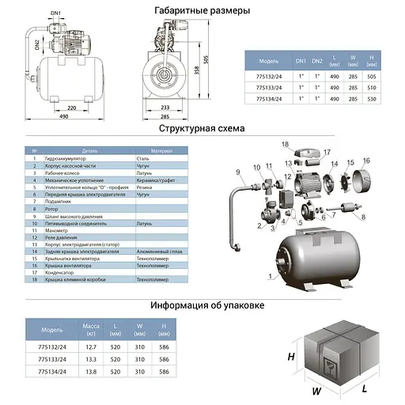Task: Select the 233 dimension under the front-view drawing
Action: click(165, 107)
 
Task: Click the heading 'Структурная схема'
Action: click(202, 128)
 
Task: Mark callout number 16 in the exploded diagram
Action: click(366, 160)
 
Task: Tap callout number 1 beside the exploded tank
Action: click(271, 277)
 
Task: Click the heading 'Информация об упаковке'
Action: click(202, 305)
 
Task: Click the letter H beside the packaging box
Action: click(290, 357)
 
